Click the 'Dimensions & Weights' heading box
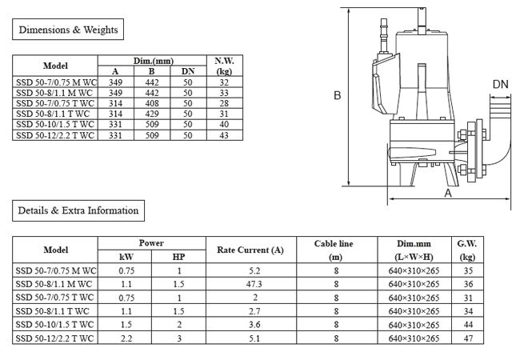click(68, 30)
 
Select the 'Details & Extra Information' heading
click(78, 211)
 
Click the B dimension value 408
click(151, 103)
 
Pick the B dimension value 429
click(151, 114)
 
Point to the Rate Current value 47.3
click(255, 284)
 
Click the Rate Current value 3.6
click(255, 325)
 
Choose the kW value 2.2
click(126, 339)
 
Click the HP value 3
click(178, 339)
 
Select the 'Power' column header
click(151, 243)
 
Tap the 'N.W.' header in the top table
click(223, 60)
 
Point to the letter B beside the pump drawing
click(338, 95)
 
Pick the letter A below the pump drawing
click(448, 194)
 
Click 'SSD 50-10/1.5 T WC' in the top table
click(55, 125)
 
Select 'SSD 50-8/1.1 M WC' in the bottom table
click(55, 284)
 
